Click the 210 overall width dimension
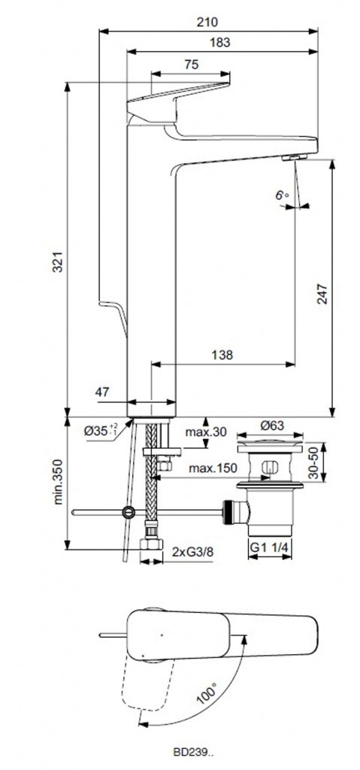[207, 22]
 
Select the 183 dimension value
[219, 42]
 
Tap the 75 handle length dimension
[192, 65]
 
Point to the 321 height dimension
[59, 261]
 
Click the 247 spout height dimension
[322, 293]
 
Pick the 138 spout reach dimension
[222, 355]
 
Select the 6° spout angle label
[281, 195]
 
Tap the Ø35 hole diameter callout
[101, 430]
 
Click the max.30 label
[206, 432]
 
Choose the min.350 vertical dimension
[59, 482]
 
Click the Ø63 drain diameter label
[271, 426]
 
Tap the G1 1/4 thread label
[269, 547]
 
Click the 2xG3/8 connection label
[192, 551]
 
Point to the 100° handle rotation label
[206, 694]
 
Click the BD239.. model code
[193, 751]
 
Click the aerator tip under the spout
[294, 157]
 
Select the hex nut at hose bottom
[151, 544]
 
